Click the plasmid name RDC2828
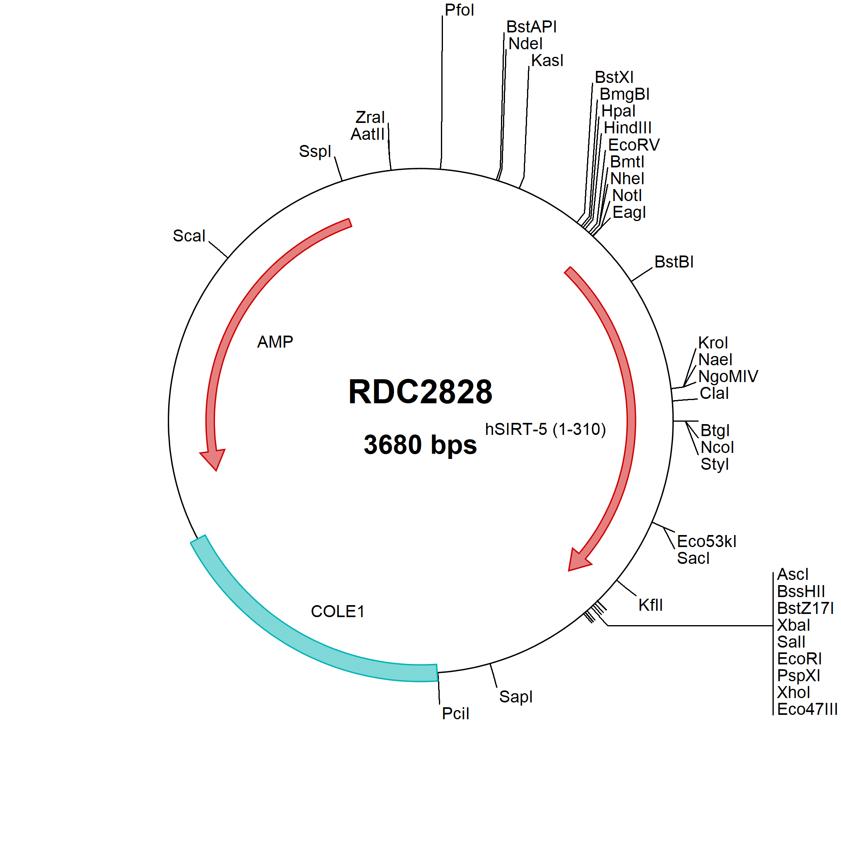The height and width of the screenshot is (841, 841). (x=420, y=391)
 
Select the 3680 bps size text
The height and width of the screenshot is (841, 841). (x=420, y=445)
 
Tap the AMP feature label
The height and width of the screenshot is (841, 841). (x=275, y=342)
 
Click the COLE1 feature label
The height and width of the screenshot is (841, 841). (x=337, y=612)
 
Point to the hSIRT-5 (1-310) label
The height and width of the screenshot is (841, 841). (x=545, y=430)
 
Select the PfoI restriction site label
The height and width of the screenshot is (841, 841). (x=459, y=10)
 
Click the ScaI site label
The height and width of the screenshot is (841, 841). (x=189, y=235)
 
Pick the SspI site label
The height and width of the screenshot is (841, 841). (x=315, y=151)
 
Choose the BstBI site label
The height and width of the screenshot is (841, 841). (x=674, y=262)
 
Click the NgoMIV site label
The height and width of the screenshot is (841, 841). (x=728, y=376)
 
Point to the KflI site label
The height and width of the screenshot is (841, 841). (x=651, y=605)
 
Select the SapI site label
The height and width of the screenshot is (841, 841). (x=516, y=697)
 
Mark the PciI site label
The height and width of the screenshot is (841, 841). (x=456, y=714)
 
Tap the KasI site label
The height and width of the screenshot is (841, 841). (x=547, y=60)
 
